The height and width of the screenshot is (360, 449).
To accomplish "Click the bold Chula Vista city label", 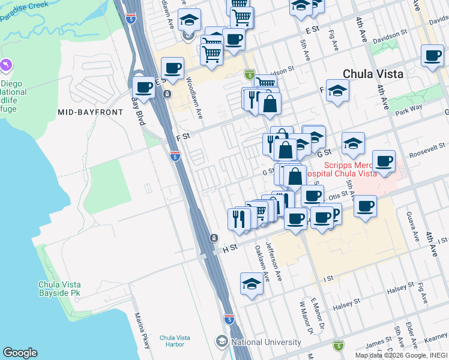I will coord(372,74).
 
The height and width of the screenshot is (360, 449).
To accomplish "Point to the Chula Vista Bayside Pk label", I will coord(59,289).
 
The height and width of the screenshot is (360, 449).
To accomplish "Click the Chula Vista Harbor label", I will coord(175,341).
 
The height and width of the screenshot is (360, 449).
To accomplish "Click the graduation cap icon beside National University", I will coord(222,342).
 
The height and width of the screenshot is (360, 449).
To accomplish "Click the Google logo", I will coord(20,353).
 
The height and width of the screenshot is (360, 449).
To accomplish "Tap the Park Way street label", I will coord(408,110).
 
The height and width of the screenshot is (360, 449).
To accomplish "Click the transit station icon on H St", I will coord(213,238).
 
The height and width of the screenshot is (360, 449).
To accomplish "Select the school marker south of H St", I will coord(252,285).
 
